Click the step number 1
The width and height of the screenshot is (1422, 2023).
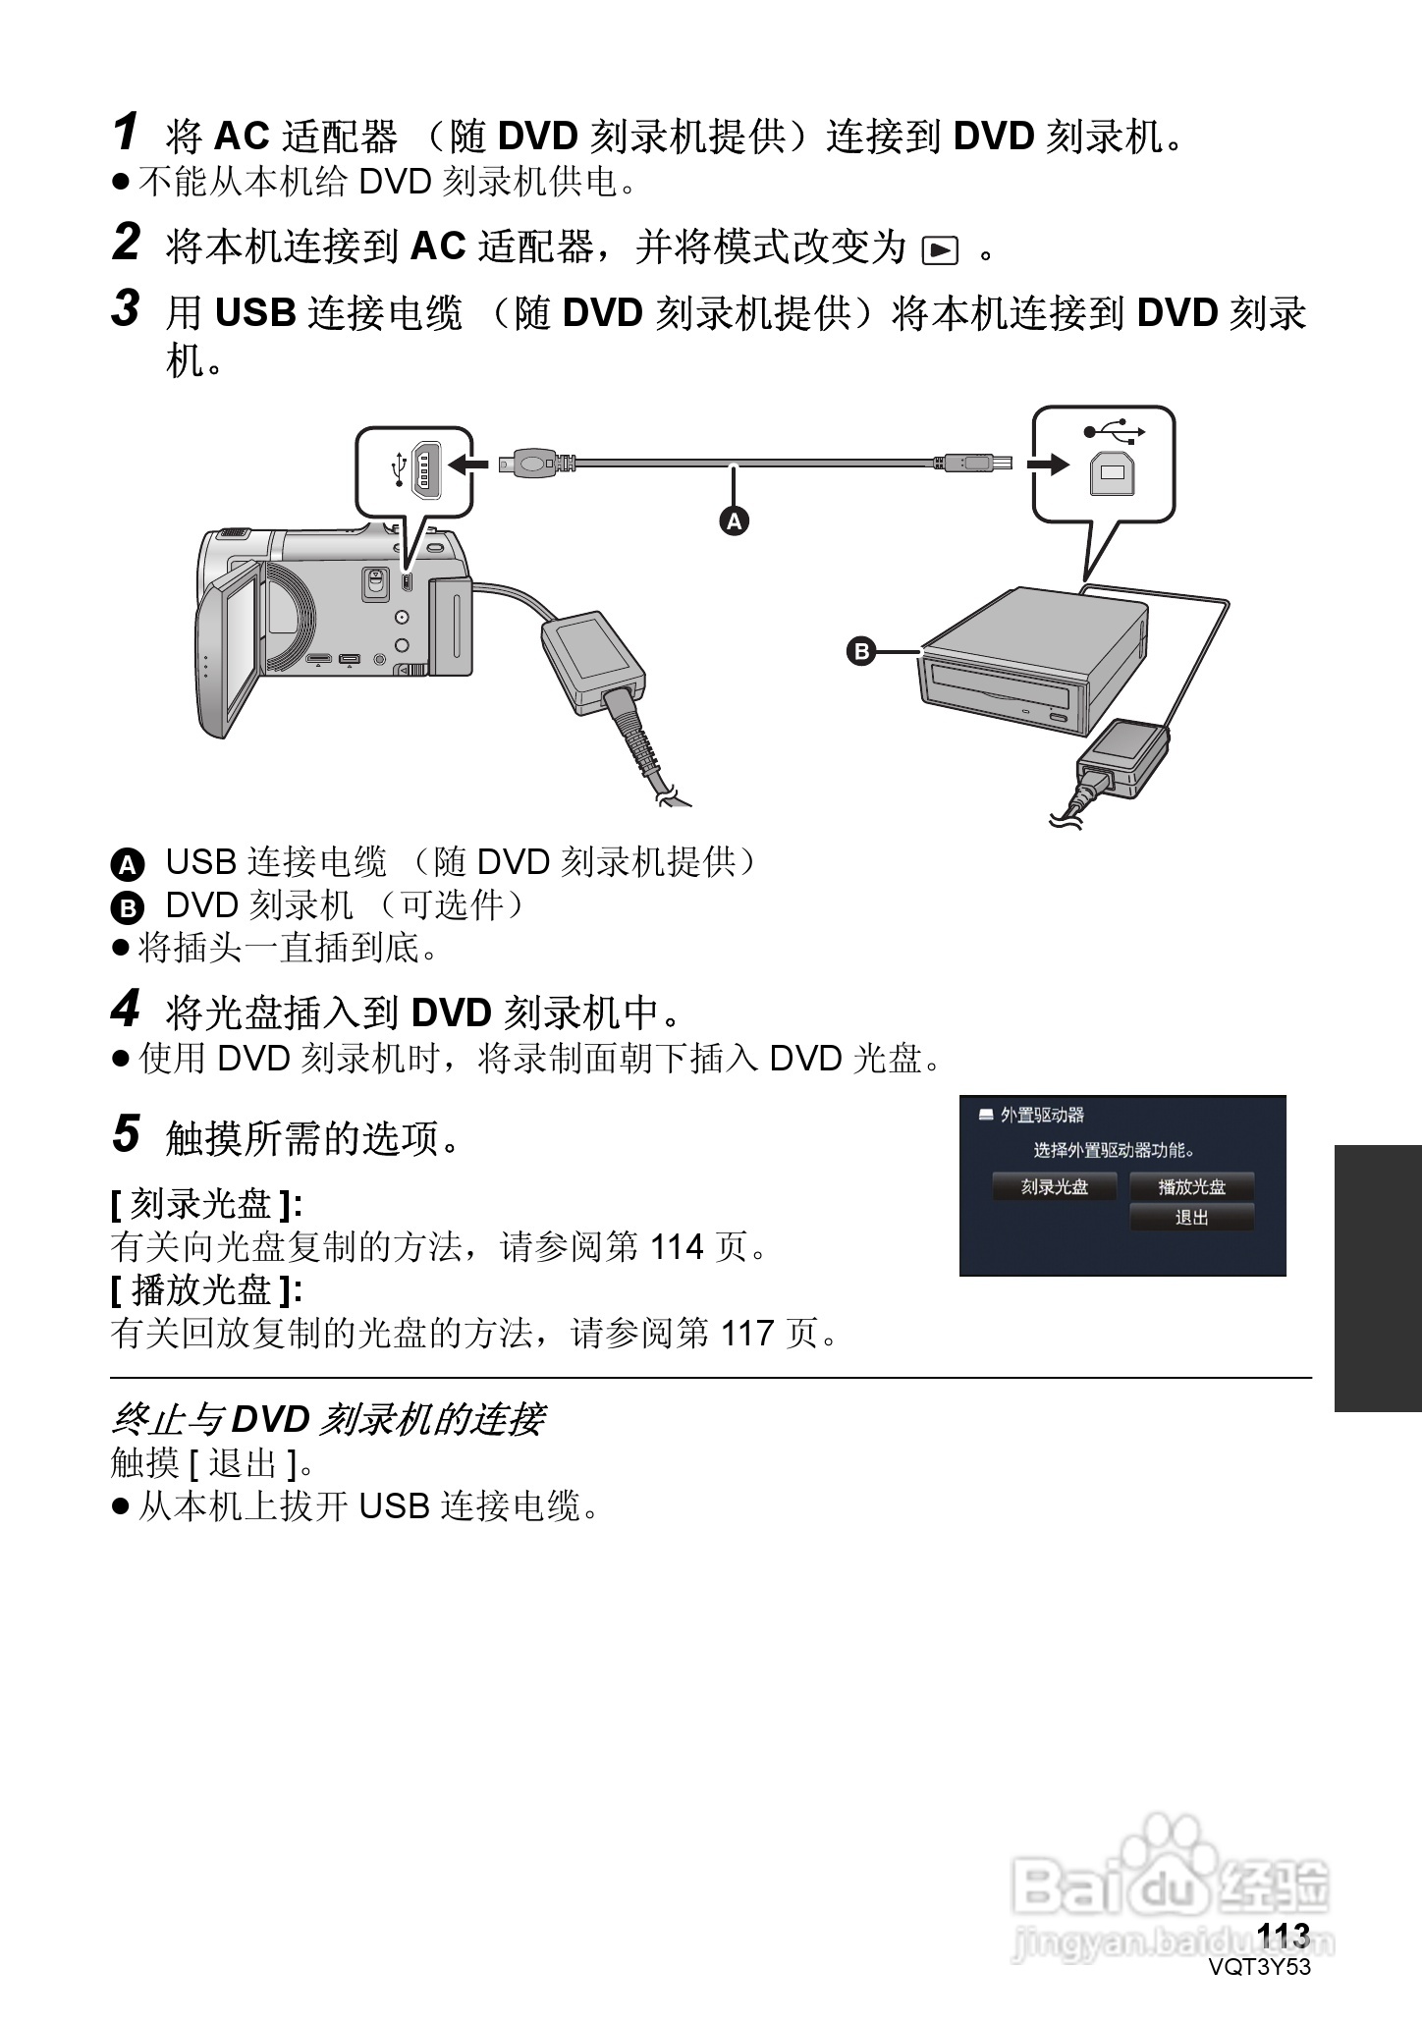click(125, 133)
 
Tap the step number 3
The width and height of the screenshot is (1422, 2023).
click(126, 308)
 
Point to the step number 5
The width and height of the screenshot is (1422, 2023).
click(126, 1133)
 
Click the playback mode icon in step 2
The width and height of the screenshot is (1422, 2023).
click(940, 251)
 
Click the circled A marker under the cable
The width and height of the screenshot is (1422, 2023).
click(734, 520)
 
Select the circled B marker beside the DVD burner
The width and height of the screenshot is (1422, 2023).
click(860, 651)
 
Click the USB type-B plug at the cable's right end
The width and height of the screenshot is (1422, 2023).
click(970, 462)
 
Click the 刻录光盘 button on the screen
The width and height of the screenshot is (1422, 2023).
click(1055, 1186)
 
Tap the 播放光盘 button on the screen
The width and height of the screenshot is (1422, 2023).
click(1192, 1186)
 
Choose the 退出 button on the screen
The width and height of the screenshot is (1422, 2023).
click(1192, 1218)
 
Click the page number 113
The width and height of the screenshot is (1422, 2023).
click(1284, 1936)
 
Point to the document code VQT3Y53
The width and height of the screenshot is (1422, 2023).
click(1261, 1967)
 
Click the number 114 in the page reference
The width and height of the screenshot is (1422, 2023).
click(678, 1248)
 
